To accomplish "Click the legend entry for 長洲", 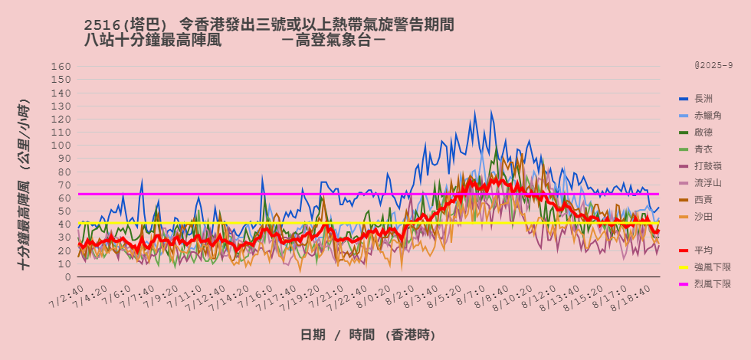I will click(703, 99).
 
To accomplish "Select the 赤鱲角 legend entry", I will click(707, 116).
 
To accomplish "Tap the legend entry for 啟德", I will click(703, 133).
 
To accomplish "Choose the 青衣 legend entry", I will click(703, 149).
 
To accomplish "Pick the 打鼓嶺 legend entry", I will click(707, 166).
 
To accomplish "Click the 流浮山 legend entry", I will click(707, 183).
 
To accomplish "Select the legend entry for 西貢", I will click(703, 200).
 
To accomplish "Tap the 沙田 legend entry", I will click(703, 217).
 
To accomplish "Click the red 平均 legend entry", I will click(703, 250).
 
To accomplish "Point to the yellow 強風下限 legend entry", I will click(712, 267).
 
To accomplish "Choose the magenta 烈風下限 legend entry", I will click(712, 284).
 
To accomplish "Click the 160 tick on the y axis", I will click(61, 67).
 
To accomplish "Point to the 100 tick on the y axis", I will click(61, 146).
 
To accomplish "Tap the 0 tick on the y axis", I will click(67, 277).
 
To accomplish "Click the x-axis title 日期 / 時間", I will click(367, 335).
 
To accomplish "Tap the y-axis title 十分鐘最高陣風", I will click(25, 184).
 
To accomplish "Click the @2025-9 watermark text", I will click(713, 66).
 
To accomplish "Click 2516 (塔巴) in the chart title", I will click(126, 26).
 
